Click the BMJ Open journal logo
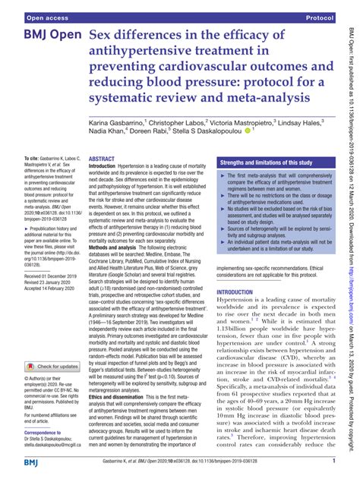[x=47, y=36]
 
